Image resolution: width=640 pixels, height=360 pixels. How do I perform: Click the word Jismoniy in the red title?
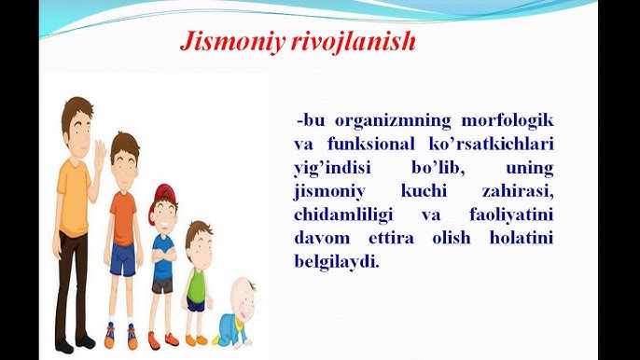pyautogui.click(x=224, y=43)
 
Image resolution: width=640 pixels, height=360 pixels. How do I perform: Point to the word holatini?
pyautogui.click(x=519, y=238)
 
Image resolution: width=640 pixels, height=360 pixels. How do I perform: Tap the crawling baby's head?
pyautogui.click(x=242, y=296)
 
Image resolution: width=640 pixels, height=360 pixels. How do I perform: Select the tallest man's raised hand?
pyautogui.click(x=99, y=154)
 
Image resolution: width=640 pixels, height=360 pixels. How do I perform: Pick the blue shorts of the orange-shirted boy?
pyautogui.click(x=122, y=261)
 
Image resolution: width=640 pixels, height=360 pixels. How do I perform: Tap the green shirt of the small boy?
pyautogui.click(x=197, y=280)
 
